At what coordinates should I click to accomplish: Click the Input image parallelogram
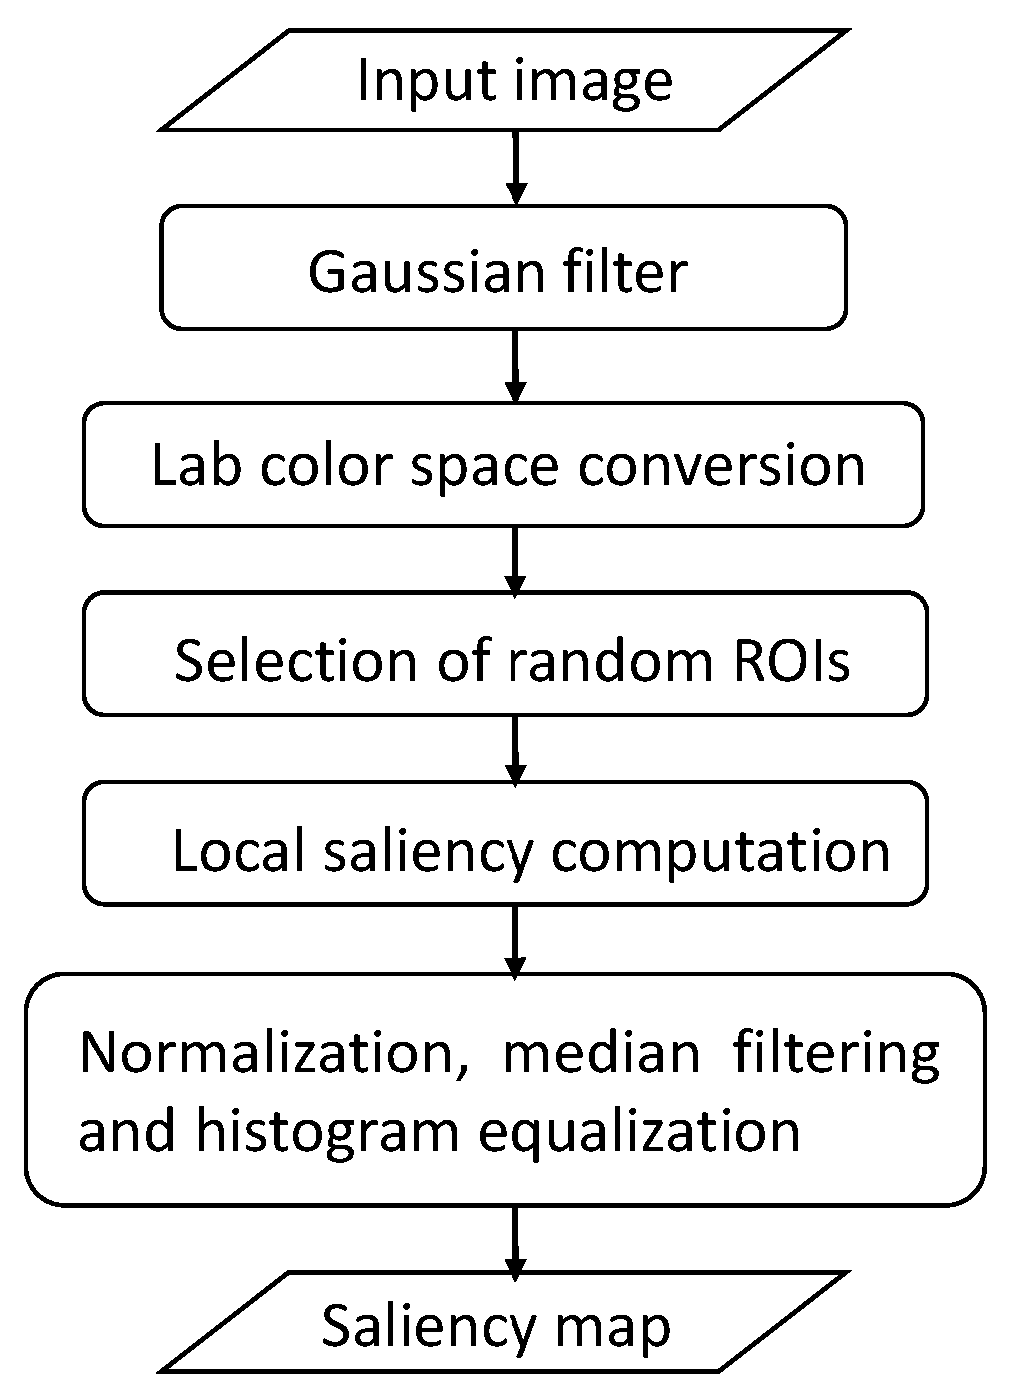click(x=505, y=80)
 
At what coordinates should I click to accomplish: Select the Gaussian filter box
click(x=505, y=268)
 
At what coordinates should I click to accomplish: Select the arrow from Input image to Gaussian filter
click(x=515, y=167)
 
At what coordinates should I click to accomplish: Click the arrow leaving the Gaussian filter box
click(x=515, y=364)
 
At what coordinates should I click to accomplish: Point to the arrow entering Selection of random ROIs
click(x=515, y=559)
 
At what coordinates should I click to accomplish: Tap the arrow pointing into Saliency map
click(x=515, y=1240)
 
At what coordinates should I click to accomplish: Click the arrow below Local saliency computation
click(x=515, y=939)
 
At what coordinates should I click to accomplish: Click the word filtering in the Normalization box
click(x=836, y=1052)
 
